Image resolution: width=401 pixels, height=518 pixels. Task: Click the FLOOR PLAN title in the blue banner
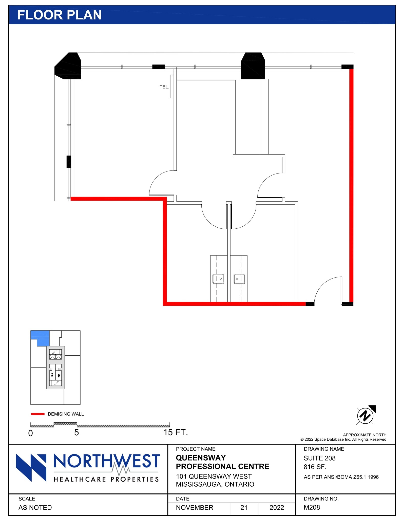point(60,15)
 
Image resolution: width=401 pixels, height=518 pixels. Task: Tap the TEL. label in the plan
point(164,87)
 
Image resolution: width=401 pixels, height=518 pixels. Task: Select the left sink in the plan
point(218,278)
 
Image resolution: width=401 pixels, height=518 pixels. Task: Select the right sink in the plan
point(239,278)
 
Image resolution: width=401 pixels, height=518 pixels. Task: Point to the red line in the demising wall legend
point(37,414)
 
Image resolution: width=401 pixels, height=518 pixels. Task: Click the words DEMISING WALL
point(66,414)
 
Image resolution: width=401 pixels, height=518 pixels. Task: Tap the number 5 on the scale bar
point(76,433)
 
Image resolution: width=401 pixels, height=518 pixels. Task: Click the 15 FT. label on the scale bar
point(175,433)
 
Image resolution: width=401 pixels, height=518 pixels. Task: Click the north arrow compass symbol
point(365,415)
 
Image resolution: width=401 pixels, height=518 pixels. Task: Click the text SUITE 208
point(319,458)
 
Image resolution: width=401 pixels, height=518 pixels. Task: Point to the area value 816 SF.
point(315,467)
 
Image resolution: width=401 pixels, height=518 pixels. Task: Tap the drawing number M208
point(312,507)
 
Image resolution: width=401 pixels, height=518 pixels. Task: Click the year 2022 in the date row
point(277,508)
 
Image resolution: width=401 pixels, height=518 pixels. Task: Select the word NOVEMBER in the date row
point(195,508)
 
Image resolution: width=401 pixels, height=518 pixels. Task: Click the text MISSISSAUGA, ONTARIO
point(215,484)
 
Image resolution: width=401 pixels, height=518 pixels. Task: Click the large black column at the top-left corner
point(68,66)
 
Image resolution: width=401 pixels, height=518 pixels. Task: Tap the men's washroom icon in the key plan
point(52,375)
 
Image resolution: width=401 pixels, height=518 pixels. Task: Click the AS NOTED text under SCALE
point(35,508)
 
